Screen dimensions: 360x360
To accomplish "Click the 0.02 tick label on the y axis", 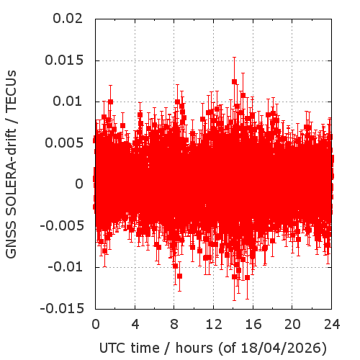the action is [x=68, y=19].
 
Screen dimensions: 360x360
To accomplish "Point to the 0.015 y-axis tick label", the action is [x=64, y=60].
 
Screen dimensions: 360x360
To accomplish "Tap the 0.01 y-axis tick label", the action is [x=68, y=102].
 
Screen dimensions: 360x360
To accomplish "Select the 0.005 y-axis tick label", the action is [x=64, y=143].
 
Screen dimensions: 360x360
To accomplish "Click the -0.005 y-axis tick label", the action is [x=62, y=225].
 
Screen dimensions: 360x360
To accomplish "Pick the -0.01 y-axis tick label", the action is [x=66, y=267].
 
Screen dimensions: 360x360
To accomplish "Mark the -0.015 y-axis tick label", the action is [x=62, y=308].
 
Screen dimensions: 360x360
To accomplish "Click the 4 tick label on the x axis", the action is [x=135, y=324].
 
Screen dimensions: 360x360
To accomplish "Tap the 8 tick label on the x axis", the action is [x=174, y=324].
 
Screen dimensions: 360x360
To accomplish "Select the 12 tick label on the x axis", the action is [x=214, y=324].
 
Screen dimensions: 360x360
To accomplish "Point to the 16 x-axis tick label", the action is [x=253, y=324].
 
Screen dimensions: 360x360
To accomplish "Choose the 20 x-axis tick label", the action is [x=292, y=324].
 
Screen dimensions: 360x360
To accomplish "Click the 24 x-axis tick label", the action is [x=332, y=324].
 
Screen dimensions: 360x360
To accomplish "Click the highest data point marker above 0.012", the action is [x=234, y=81].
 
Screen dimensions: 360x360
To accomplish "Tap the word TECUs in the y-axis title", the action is [x=11, y=91].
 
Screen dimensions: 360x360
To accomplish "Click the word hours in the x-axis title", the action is [x=194, y=348].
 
